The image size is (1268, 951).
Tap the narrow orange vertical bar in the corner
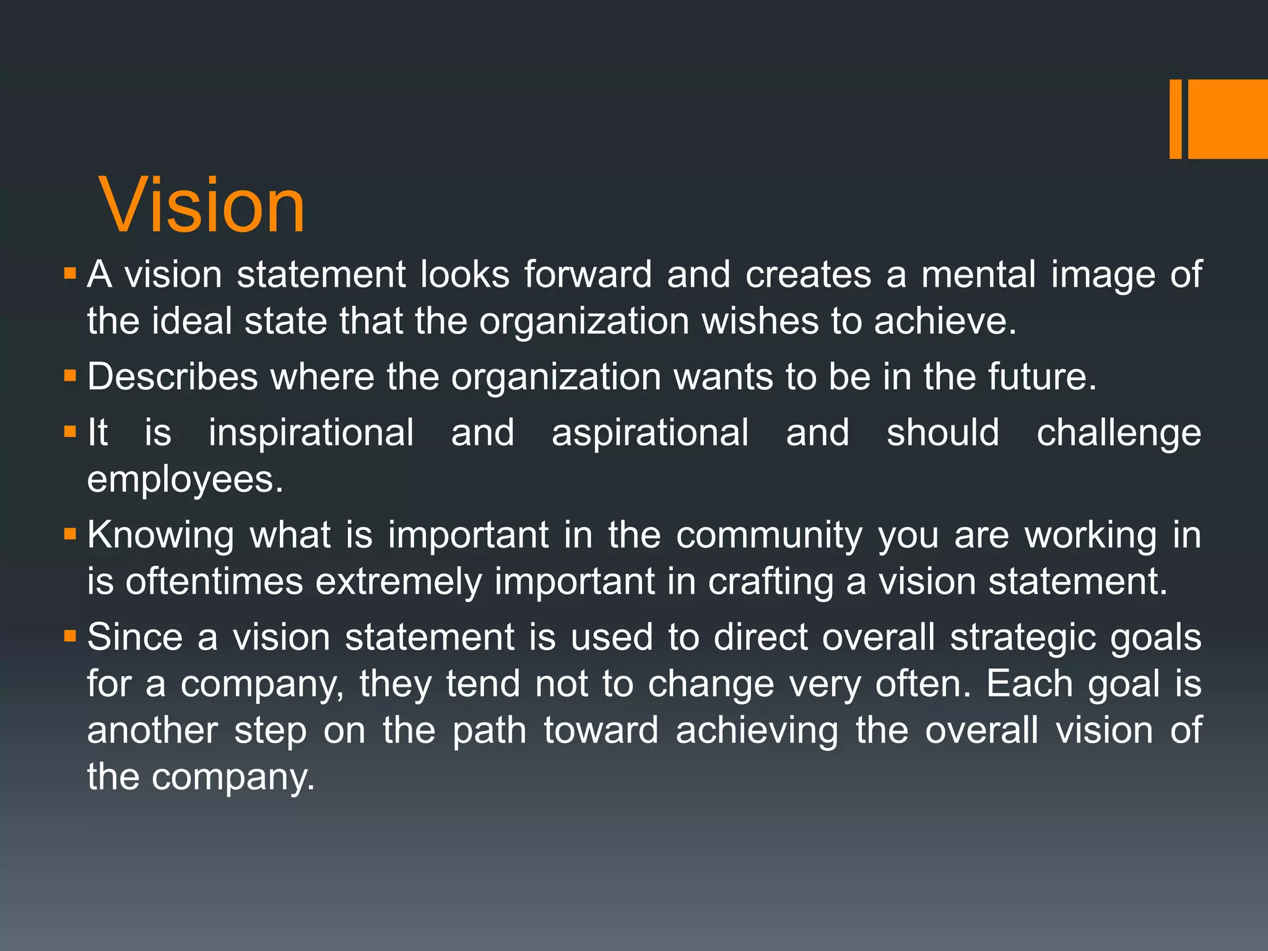pos(1175,119)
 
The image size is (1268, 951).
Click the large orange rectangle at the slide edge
pos(1227,119)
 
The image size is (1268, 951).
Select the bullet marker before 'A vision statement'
pos(69,273)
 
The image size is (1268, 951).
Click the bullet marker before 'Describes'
pos(69,375)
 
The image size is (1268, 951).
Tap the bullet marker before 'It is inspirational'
pos(69,431)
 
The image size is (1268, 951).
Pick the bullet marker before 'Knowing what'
pos(69,533)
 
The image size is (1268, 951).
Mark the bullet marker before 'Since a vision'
pos(69,636)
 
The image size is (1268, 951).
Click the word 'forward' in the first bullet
pos(588,274)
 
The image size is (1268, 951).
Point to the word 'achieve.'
pos(945,321)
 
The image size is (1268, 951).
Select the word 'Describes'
pos(172,377)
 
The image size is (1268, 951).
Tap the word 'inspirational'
pos(311,433)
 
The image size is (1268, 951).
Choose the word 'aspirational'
pos(649,433)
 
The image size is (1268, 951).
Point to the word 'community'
pos(769,536)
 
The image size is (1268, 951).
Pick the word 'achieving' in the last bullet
pos(757,731)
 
